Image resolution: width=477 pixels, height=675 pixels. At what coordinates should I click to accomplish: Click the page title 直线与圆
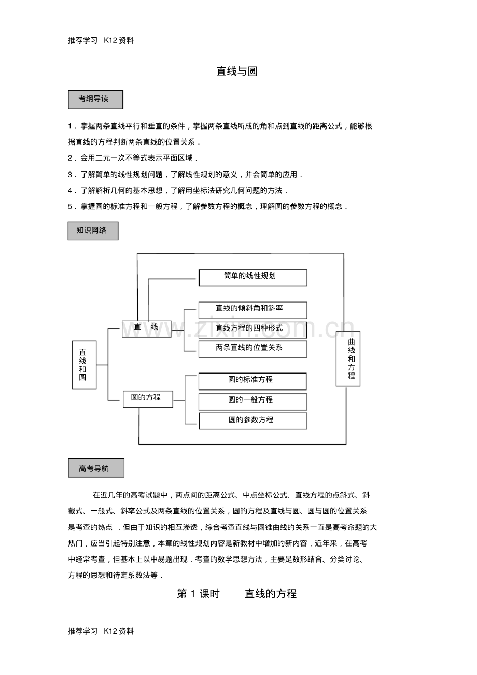coord(237,71)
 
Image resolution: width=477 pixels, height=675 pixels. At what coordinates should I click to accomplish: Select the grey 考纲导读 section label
coord(95,99)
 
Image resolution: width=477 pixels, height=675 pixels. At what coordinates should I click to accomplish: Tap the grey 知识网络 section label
coord(93,231)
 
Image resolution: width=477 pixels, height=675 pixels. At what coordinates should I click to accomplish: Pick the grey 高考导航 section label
coord(96,468)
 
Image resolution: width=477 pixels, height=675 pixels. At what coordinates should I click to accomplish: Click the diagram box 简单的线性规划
coord(252,277)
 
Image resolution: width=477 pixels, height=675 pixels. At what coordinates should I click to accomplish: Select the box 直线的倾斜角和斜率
coord(252,310)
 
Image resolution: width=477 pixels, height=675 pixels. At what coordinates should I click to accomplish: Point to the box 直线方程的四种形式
coord(252,329)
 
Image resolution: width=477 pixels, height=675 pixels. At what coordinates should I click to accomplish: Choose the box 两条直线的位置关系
coord(252,349)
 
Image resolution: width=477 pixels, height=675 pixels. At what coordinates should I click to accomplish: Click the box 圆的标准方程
coord(252,381)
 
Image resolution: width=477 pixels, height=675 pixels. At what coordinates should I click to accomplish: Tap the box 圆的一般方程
coord(252,401)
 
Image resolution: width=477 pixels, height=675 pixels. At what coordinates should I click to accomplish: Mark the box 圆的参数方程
coord(252,421)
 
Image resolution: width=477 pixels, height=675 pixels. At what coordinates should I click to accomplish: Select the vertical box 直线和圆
coord(84,365)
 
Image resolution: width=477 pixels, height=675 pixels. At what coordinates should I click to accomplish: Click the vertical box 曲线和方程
coord(348,358)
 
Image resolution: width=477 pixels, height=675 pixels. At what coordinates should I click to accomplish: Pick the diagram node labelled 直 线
coord(147,328)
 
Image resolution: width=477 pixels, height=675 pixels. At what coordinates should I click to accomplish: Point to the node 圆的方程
coord(148,399)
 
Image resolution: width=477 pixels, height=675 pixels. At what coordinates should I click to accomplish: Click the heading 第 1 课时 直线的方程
coord(237,594)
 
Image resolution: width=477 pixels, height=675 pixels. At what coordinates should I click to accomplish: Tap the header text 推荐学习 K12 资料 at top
coord(101,39)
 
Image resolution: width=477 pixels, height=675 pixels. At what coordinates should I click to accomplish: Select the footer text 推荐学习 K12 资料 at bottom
coord(101,631)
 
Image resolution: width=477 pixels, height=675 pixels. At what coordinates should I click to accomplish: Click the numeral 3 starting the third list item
coord(70,175)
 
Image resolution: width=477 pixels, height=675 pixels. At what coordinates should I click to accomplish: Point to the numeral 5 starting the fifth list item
coord(70,206)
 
